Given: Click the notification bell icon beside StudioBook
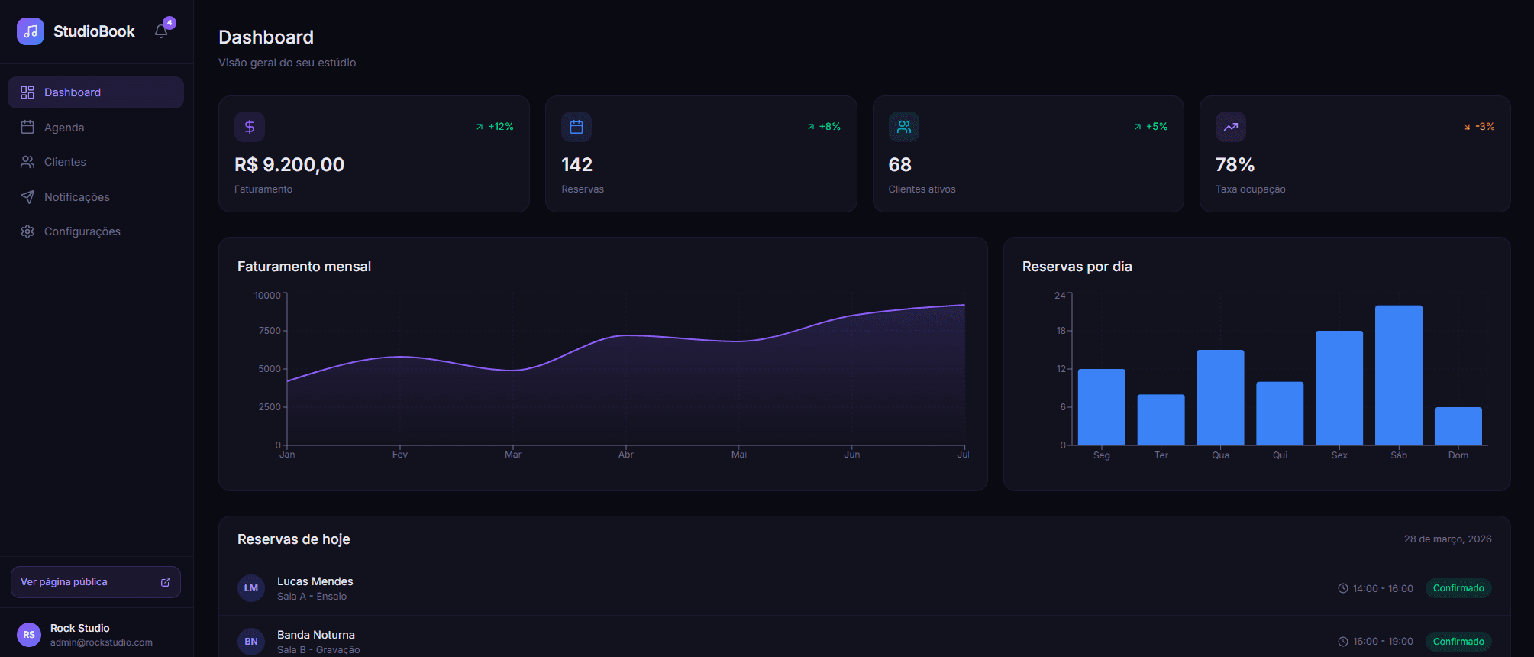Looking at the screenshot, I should click(161, 31).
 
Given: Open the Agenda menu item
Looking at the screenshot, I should click(64, 128).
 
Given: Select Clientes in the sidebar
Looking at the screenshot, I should click(65, 162).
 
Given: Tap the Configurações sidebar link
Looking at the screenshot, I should click(82, 231).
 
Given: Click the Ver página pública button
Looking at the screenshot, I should click(95, 582).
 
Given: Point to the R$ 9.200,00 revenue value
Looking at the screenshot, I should click(289, 165).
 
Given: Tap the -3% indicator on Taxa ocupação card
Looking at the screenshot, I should click(1479, 127).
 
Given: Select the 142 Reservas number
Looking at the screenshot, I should click(576, 165).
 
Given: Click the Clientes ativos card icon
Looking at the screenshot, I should click(903, 127).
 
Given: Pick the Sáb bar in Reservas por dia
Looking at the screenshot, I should click(1398, 375).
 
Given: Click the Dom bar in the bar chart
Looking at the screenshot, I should click(1458, 426).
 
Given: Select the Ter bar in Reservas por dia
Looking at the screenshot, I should click(1161, 419).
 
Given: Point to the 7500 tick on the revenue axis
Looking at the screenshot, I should click(270, 331).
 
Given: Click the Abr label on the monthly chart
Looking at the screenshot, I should click(626, 455).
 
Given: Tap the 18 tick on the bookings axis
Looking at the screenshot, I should click(1061, 331).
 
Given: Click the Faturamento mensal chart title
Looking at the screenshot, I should click(304, 267).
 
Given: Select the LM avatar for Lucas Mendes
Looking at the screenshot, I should click(251, 588).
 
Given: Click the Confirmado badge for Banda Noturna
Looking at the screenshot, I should click(1458, 642).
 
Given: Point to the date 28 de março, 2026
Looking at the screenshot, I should click(1447, 539).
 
